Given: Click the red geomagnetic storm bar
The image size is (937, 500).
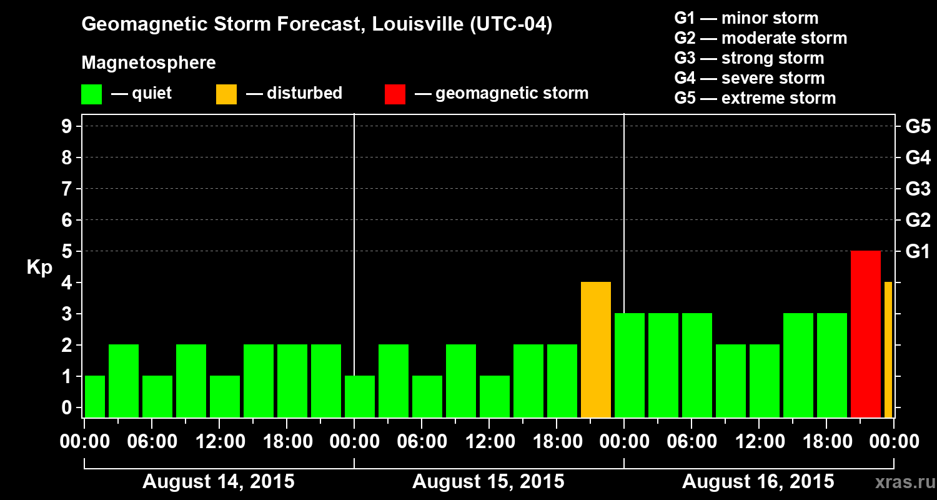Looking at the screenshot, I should [866, 334].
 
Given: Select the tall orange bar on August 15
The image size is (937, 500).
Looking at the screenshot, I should [596, 349].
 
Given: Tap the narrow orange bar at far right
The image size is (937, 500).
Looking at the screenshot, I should [888, 349].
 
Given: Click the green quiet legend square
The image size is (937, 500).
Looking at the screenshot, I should [91, 94].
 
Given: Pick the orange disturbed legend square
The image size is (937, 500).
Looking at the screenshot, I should [226, 94].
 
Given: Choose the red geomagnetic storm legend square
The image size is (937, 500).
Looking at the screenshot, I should [395, 94].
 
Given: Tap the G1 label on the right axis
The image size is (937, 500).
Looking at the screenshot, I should [918, 252].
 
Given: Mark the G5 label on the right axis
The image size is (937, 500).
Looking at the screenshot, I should [918, 127].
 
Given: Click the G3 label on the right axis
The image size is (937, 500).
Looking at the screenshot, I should [918, 189].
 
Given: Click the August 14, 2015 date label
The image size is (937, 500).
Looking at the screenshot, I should [219, 482].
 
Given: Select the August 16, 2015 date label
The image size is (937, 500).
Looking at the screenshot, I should [758, 482].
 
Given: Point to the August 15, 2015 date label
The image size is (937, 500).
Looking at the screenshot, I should [488, 482].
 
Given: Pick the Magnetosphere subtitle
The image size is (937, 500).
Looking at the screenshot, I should [149, 63].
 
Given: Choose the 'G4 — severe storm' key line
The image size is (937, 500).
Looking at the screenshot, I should [750, 78].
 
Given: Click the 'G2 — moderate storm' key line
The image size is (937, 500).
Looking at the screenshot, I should [760, 38].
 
